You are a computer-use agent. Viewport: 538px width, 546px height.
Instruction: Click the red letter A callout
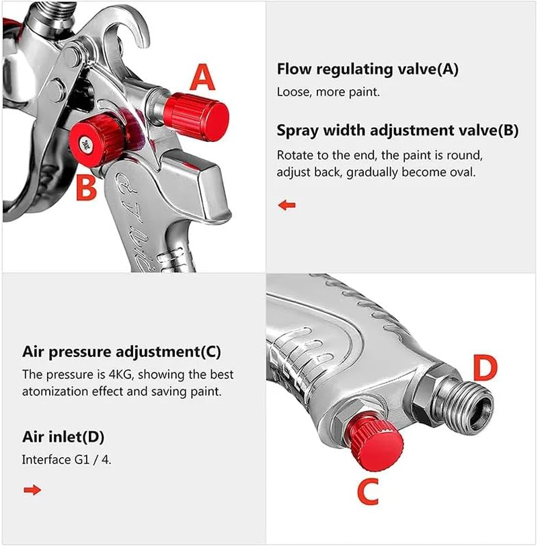click(x=202, y=77)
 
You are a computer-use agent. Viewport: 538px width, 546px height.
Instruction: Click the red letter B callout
click(x=86, y=188)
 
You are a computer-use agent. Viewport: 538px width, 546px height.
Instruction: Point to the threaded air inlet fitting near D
click(x=464, y=405)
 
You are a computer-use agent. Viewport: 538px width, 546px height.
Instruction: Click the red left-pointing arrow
click(x=287, y=205)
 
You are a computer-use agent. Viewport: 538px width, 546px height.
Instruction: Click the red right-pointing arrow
click(x=32, y=490)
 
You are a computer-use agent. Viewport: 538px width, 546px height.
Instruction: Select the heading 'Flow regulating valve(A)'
click(x=367, y=69)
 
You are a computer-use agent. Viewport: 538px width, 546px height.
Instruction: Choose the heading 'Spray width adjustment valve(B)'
click(x=397, y=130)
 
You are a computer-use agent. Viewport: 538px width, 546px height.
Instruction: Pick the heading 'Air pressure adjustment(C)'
click(x=121, y=352)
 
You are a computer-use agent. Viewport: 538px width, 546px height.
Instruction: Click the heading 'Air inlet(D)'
click(x=63, y=437)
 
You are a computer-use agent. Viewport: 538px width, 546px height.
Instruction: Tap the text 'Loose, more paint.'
click(x=328, y=92)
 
